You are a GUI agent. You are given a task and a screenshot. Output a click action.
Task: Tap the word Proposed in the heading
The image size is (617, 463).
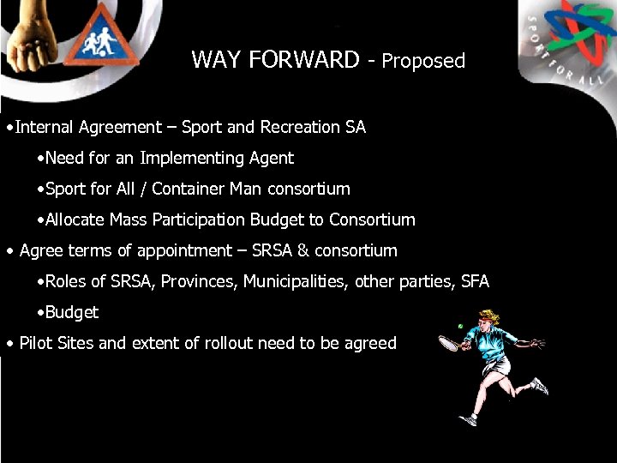(423, 61)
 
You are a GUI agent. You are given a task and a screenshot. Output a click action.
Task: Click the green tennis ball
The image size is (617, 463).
(460, 326)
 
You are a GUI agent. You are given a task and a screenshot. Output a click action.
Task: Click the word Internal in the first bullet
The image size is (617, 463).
(45, 127)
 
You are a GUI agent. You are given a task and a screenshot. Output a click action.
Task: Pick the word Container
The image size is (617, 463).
(192, 189)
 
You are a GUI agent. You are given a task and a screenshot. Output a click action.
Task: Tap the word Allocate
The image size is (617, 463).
(75, 219)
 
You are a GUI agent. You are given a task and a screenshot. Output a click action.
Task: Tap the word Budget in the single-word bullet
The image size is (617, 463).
(72, 312)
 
